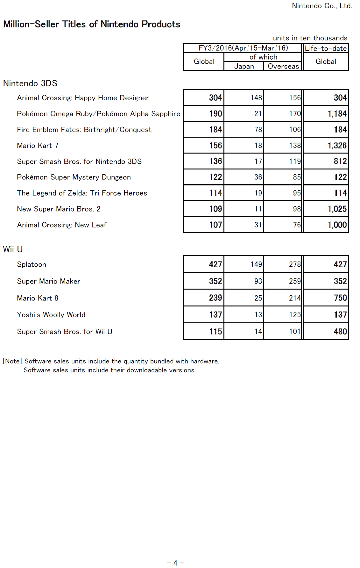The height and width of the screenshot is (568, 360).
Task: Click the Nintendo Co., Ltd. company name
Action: point(322,6)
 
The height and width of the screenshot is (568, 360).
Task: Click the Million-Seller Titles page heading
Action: point(92,24)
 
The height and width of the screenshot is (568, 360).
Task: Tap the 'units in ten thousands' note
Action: point(310,38)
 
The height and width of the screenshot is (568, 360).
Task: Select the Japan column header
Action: point(244,66)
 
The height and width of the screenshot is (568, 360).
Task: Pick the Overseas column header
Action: point(283,66)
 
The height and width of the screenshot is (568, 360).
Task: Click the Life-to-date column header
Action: point(326,48)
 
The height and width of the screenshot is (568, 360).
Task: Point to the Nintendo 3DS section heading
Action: point(30,83)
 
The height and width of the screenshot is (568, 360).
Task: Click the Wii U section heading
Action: point(13,249)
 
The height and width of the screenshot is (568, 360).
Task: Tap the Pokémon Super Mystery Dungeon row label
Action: point(74,177)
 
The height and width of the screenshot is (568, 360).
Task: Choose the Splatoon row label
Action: point(32,264)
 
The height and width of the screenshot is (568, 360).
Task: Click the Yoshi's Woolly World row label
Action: point(51,315)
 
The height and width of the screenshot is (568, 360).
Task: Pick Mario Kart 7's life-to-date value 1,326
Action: point(337,146)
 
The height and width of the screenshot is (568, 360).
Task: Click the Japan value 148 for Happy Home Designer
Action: point(256,98)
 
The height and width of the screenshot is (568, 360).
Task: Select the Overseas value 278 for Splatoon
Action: point(295,264)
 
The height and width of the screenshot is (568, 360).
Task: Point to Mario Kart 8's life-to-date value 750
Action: point(340,298)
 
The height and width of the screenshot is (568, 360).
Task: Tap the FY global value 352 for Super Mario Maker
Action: point(215,281)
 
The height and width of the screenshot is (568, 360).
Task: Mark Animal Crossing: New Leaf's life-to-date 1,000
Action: point(337,225)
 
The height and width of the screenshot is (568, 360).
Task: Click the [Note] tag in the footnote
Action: point(12,361)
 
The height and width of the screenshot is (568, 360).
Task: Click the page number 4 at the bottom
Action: point(175,563)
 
